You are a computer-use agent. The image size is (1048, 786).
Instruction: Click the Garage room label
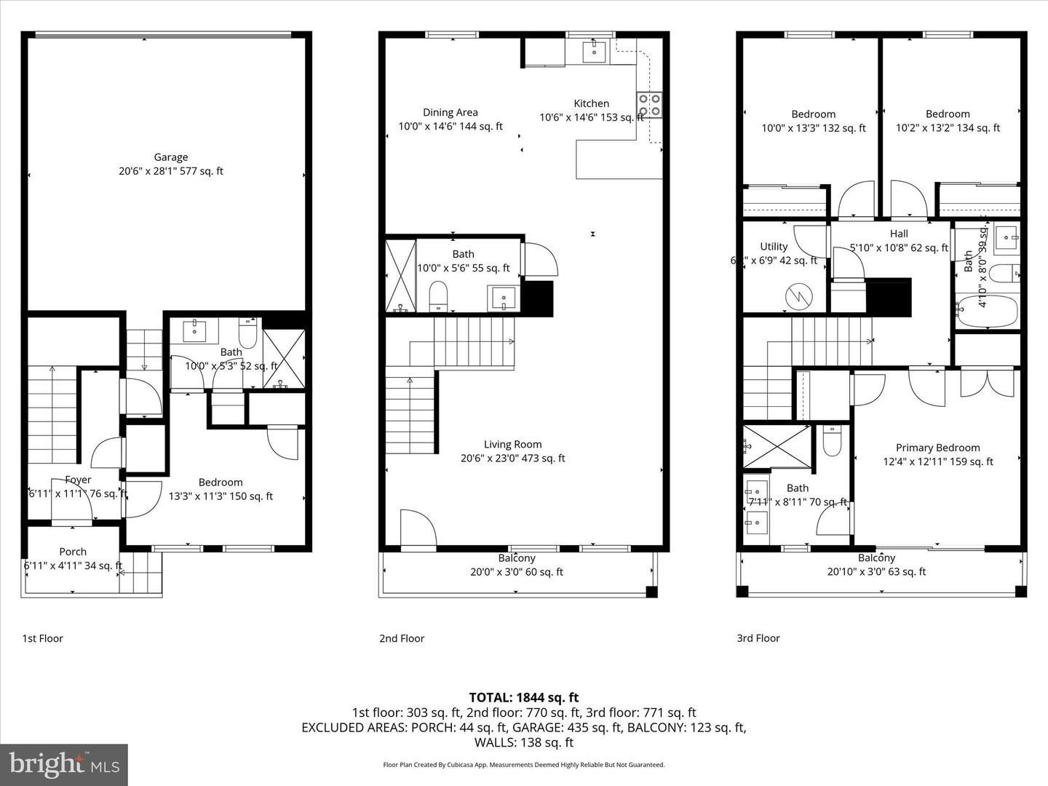(x=171, y=157)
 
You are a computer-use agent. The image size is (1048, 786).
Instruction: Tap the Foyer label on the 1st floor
(x=78, y=480)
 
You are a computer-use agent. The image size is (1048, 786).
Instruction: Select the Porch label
(x=73, y=552)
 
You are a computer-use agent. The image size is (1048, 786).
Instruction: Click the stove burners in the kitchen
(x=649, y=104)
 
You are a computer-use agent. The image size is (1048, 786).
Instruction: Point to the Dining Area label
(x=450, y=112)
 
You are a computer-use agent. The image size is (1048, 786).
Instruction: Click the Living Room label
(x=512, y=444)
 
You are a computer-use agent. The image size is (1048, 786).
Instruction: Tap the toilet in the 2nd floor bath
(x=439, y=297)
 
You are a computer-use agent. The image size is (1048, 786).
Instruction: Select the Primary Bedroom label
(x=937, y=448)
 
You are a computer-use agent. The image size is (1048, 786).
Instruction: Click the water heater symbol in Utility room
(x=795, y=297)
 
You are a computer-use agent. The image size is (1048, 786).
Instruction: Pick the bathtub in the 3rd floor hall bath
(x=988, y=312)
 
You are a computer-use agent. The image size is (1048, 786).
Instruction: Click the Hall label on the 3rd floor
(x=899, y=234)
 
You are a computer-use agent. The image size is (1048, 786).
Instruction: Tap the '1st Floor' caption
(x=42, y=638)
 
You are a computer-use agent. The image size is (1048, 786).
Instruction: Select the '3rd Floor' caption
(x=758, y=638)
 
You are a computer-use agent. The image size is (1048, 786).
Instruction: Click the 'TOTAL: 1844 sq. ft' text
(x=524, y=697)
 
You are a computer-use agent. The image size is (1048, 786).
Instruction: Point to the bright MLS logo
(x=64, y=764)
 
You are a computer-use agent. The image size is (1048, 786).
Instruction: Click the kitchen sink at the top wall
(x=595, y=50)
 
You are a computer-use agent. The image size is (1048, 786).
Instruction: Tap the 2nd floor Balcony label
(x=517, y=558)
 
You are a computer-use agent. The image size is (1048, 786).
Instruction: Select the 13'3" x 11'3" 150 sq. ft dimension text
(x=221, y=496)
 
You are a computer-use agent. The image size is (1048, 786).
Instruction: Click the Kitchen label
(x=591, y=103)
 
